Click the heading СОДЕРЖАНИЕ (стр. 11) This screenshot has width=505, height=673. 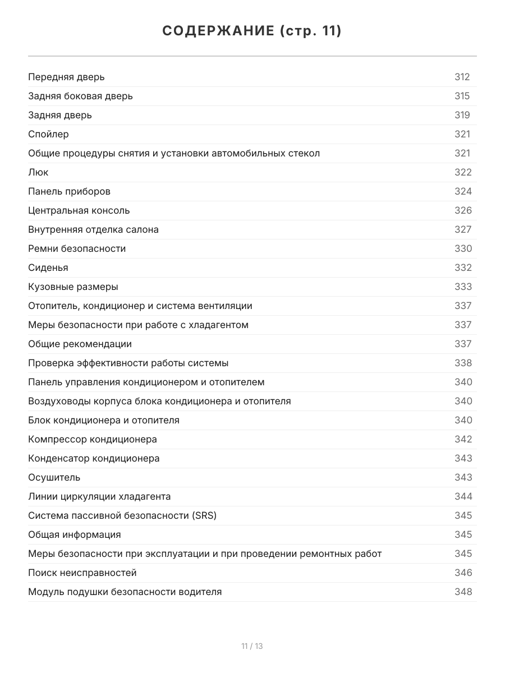pos(252,31)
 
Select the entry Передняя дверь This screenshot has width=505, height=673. pos(66,77)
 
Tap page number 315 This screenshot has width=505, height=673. pos(462,96)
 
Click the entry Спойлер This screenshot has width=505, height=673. pos(49,134)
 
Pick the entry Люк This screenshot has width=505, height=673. pos(38,172)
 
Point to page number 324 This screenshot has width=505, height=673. pos(463,191)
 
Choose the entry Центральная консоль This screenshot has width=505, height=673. pos(79,210)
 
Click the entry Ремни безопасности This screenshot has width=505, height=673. pos(77,248)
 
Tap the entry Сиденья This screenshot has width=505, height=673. pos(48,268)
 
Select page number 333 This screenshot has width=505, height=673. pos(463,287)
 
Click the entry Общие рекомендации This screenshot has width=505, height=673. pos(80,344)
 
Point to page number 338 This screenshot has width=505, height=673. pos(463,363)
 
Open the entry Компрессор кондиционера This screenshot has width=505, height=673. pos(93,439)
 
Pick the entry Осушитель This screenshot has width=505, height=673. pos(54,477)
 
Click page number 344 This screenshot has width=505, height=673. pos(463,496)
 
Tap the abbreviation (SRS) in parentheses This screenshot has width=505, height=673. pos(204,515)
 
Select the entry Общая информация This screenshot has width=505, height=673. pos(75,534)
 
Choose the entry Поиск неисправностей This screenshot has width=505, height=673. pos(82,573)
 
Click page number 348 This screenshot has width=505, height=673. pos(463,592)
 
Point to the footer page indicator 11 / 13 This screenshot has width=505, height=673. pos(252,646)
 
